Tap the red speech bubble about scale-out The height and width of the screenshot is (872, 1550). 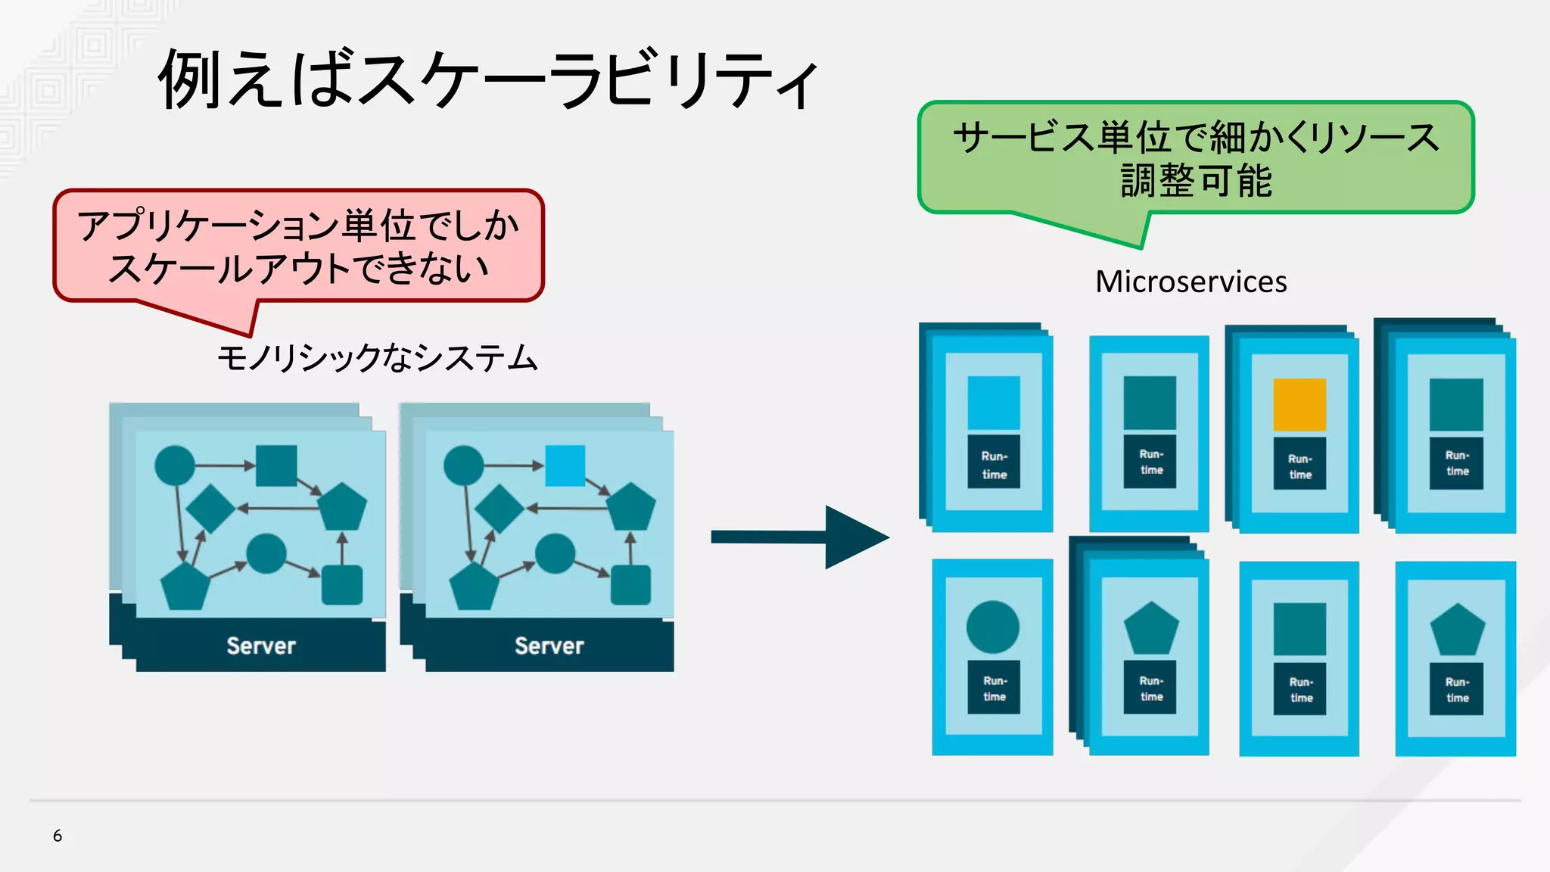[x=298, y=246]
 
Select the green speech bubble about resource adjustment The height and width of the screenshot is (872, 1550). [x=1196, y=157]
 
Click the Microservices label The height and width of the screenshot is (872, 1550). [x=1191, y=282]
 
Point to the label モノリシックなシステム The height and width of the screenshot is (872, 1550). [x=377, y=358]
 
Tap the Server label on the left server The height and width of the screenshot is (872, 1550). [x=261, y=646]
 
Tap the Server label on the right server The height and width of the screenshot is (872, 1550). [x=549, y=646]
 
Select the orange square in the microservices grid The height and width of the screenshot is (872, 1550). [x=1299, y=405]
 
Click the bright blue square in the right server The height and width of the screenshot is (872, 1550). [x=565, y=466]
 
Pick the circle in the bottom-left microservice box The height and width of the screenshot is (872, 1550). [x=993, y=627]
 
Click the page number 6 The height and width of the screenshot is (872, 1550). [x=58, y=836]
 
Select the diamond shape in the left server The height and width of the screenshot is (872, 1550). [x=210, y=509]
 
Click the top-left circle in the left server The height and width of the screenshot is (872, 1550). [x=175, y=466]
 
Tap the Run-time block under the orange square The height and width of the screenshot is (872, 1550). [x=1299, y=463]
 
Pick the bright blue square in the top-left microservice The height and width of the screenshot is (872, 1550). [x=994, y=403]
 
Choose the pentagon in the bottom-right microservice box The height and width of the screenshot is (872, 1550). [x=1457, y=630]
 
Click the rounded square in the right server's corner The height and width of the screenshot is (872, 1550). [x=630, y=584]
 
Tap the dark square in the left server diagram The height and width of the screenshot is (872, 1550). [x=276, y=466]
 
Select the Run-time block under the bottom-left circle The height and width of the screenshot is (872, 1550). [x=994, y=687]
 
